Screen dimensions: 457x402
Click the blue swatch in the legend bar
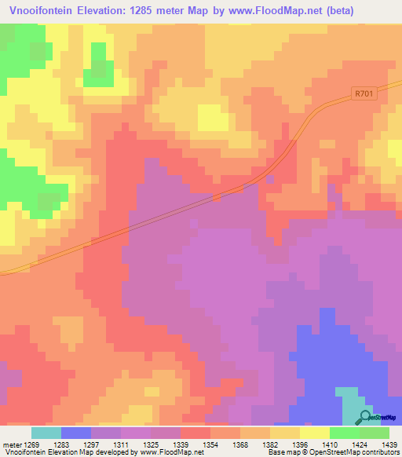click(x=76, y=433)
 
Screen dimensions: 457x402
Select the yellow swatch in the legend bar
click(x=314, y=433)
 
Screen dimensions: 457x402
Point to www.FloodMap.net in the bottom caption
click(x=163, y=452)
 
